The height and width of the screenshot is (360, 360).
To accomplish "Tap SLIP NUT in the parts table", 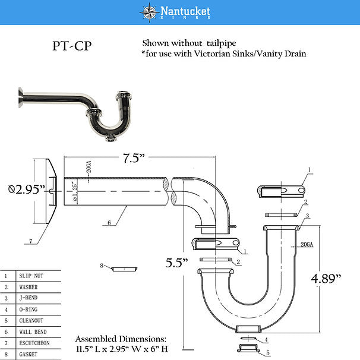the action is [32, 276].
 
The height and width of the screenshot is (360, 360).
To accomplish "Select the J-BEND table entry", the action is [30, 298].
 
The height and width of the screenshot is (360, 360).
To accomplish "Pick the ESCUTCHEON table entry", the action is [36, 343].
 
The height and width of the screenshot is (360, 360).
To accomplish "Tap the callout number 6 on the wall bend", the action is [109, 223].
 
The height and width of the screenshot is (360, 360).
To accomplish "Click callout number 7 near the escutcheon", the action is [29, 241].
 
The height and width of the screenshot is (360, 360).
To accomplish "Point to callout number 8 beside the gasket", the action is [102, 265].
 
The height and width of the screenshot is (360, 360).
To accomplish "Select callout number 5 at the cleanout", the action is [267, 353].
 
